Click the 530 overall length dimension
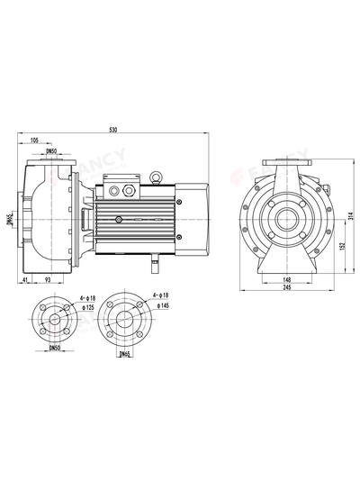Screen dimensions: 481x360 112,130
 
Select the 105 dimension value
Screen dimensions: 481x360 32,141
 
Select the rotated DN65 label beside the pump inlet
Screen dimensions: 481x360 9,219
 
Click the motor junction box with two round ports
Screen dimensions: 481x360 118,191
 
